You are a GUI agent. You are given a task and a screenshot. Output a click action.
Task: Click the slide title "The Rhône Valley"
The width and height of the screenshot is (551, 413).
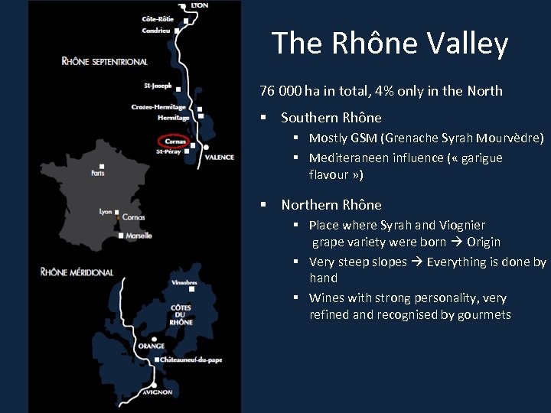pyautogui.click(x=390, y=44)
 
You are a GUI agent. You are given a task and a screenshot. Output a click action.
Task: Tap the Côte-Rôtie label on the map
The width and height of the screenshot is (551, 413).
pyautogui.click(x=158, y=18)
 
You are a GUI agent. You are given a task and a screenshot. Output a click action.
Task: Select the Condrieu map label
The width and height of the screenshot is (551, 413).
pyautogui.click(x=157, y=31)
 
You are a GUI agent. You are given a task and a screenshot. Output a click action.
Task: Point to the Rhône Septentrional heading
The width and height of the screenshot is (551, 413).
pyautogui.click(x=104, y=61)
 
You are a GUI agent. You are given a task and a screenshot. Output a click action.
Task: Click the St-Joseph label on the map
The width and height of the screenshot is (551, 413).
pyautogui.click(x=158, y=86)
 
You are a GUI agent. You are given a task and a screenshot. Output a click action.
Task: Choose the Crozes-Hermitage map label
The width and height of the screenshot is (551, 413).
pyautogui.click(x=158, y=107)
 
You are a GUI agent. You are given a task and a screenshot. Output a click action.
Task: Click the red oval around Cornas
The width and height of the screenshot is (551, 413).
pyautogui.click(x=171, y=141)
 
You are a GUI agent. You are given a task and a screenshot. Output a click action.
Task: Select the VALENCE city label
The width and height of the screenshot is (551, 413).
pyautogui.click(x=220, y=158)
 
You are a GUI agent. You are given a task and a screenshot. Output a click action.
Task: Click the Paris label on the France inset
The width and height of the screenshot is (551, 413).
pyautogui.click(x=97, y=173)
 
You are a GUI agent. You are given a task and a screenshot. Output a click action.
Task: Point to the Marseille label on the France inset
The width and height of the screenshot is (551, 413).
pyautogui.click(x=139, y=236)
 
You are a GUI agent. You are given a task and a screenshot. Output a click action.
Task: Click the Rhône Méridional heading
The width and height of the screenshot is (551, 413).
pyautogui.click(x=77, y=272)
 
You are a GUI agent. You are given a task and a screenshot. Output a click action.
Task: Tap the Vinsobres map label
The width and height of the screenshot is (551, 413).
pyautogui.click(x=184, y=283)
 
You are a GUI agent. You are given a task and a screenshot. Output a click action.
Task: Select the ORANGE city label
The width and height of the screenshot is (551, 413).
pyautogui.click(x=152, y=346)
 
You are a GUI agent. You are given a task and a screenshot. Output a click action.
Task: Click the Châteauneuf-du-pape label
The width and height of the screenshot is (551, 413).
pyautogui.click(x=191, y=359)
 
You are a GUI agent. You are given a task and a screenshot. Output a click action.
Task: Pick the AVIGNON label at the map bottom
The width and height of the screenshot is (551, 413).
pyautogui.click(x=156, y=392)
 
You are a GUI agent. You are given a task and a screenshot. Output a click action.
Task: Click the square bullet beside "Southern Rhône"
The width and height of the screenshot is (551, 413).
pyautogui.click(x=262, y=118)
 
